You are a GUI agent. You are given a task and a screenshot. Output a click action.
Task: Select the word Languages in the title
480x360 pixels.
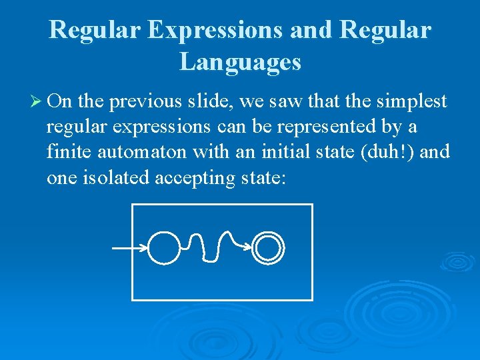(x=240, y=62)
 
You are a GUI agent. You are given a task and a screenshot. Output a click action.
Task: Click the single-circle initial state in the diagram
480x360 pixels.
(x=163, y=247)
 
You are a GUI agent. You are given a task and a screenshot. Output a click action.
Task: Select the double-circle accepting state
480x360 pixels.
(x=269, y=248)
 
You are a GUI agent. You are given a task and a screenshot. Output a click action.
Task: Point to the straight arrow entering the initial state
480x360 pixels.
(x=129, y=249)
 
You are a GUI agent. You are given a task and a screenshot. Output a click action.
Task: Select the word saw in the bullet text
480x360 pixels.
(x=276, y=101)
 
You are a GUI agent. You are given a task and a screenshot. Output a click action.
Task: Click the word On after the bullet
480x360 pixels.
(x=61, y=101)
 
